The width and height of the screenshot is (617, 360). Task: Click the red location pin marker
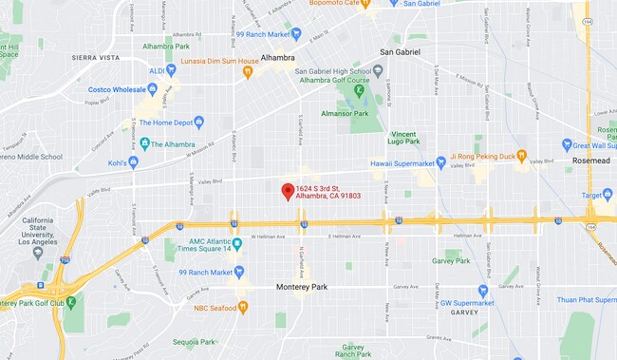pyautogui.click(x=288, y=191)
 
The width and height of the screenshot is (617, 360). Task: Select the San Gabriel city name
pyautogui.click(x=400, y=51)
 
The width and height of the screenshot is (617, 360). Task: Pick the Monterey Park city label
pyautogui.click(x=300, y=286)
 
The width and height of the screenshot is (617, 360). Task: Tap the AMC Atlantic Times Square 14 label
pyautogui.click(x=203, y=244)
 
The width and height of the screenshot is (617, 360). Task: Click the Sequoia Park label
pyautogui.click(x=195, y=341)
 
